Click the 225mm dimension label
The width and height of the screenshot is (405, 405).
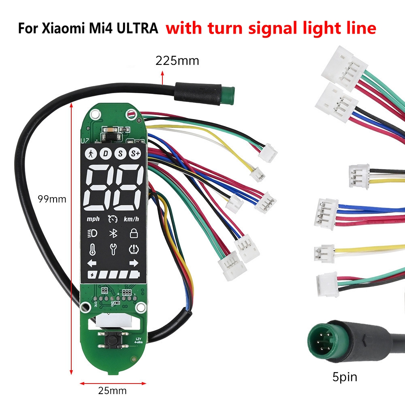[177, 61]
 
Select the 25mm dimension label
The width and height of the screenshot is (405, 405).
[112, 390]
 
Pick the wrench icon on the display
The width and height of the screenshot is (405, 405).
[112, 249]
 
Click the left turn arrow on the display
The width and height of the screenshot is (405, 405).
[92, 264]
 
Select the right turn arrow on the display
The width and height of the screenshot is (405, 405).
[133, 264]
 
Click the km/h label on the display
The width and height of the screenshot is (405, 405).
[131, 219]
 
